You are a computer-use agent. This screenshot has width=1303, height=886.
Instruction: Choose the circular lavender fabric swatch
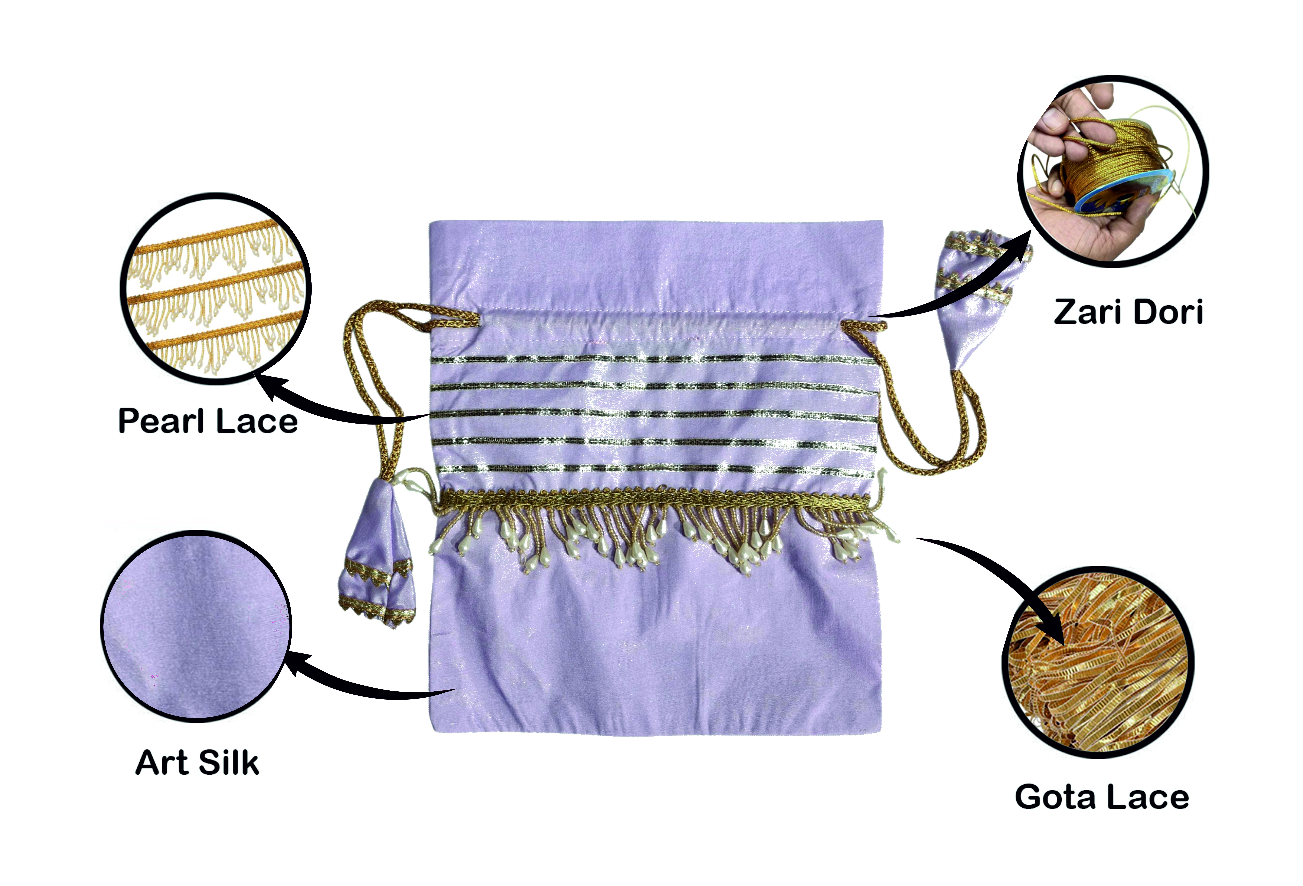click(x=196, y=626)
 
